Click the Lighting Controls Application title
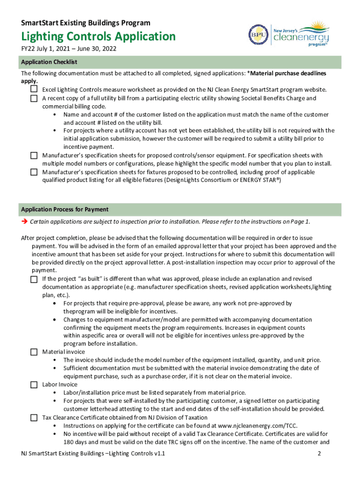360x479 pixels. pyautogui.click(x=98, y=36)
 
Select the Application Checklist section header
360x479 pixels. pyautogui.click(x=49, y=62)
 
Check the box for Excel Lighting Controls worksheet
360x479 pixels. pyautogui.click(x=34, y=89)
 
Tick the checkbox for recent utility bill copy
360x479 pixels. pyautogui.click(x=34, y=98)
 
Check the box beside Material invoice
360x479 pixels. pyautogui.click(x=34, y=352)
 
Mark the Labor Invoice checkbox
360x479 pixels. pyautogui.click(x=34, y=385)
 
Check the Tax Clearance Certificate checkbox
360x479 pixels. pyautogui.click(x=34, y=417)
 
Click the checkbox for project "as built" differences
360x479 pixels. pyautogui.click(x=34, y=279)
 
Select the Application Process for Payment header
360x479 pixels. pyautogui.click(x=65, y=209)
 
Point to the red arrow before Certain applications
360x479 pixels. pyautogui.click(x=24, y=221)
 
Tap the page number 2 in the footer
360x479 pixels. pyautogui.click(x=319, y=454)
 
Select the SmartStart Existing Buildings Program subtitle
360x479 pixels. pyautogui.click(x=86, y=22)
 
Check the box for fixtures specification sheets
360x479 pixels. pyautogui.click(x=34, y=172)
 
